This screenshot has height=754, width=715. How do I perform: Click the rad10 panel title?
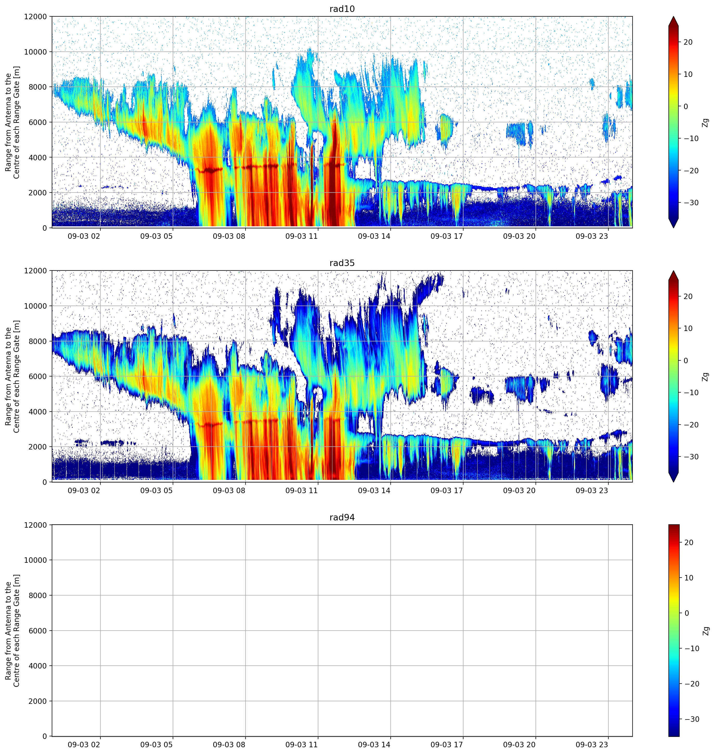pyautogui.click(x=342, y=9)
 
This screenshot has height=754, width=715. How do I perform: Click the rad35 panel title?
pyautogui.click(x=342, y=263)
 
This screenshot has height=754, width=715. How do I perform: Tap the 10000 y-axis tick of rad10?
pyautogui.click(x=35, y=52)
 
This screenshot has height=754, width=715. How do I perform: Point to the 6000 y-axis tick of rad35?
pyautogui.click(x=37, y=376)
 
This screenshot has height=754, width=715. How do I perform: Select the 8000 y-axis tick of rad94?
pyautogui.click(x=37, y=595)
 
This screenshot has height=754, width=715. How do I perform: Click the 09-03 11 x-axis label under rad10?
pyautogui.click(x=301, y=236)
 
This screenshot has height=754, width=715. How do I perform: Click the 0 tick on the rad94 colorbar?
pyautogui.click(x=687, y=613)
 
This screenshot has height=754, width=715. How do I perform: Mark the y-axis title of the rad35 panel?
pyautogui.click(x=12, y=376)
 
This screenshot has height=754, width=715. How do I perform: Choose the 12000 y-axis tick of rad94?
pyautogui.click(x=35, y=525)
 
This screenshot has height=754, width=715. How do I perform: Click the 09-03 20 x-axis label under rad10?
pyautogui.click(x=519, y=236)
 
